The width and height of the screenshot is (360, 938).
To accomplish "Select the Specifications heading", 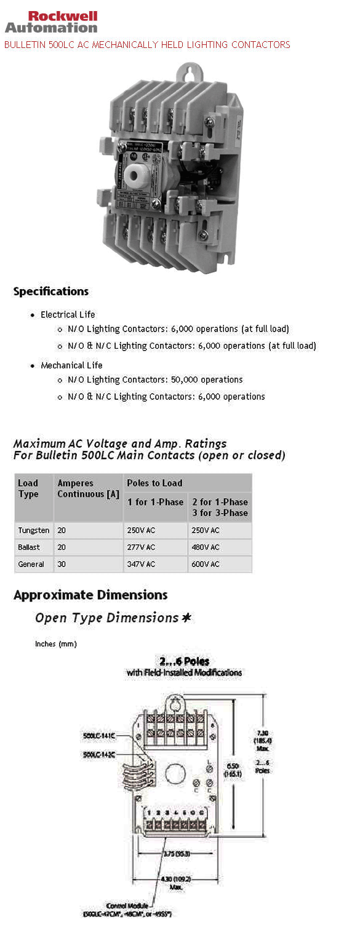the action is (x=51, y=292).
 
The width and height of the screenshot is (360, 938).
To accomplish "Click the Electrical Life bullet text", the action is (x=68, y=314).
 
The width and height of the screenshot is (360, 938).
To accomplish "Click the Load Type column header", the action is (x=28, y=488).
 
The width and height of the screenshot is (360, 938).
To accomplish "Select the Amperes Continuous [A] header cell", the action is (x=88, y=488).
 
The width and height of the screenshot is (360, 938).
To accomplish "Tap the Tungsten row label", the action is (x=34, y=530).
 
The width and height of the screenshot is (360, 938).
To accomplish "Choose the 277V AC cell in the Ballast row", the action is (x=142, y=547).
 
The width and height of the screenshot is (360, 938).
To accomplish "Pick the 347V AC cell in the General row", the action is (x=142, y=564).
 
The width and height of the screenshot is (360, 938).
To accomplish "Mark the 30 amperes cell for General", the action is (x=62, y=564).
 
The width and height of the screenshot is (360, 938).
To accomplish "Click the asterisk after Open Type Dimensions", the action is (x=186, y=618).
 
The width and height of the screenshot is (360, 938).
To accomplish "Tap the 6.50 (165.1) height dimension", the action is (x=234, y=769).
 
